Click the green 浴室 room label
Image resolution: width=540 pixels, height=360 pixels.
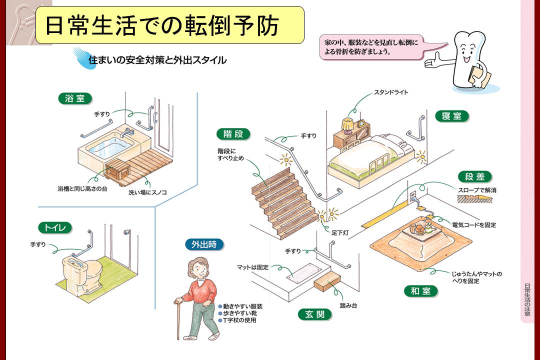(x=75, y=98)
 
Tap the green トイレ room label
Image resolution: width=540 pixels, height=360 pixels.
(x=55, y=228)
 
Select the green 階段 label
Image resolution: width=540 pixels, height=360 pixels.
(x=233, y=134)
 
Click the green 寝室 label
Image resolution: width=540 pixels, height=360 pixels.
(x=451, y=116)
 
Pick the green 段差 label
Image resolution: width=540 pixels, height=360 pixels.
(x=475, y=176)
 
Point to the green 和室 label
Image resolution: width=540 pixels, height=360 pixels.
(x=421, y=290)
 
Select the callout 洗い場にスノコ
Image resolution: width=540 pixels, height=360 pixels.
(x=147, y=191)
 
